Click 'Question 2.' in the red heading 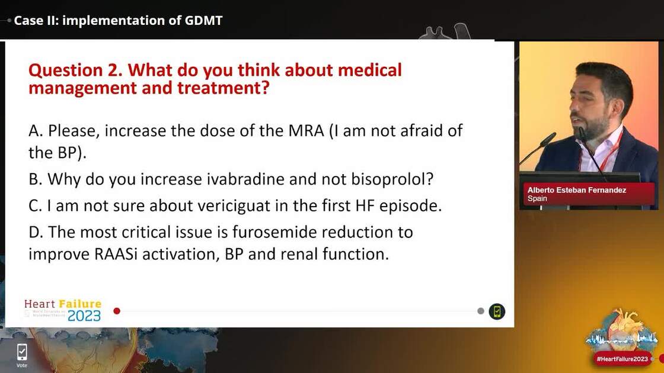76,70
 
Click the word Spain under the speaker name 537,199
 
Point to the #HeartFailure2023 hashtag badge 622,359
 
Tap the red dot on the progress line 117,311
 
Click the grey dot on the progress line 481,311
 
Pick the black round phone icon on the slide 497,311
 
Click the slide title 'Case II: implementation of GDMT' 118,20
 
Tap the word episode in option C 416,205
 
